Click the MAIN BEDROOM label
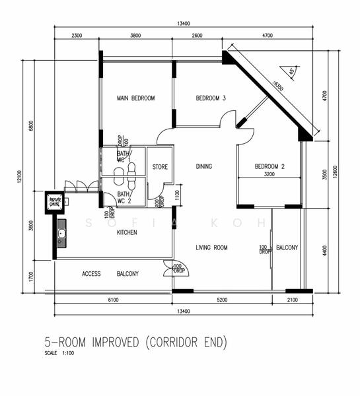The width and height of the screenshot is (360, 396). coord(135,98)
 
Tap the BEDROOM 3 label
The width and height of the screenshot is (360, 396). coord(211,98)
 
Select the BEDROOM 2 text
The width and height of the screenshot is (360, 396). coord(270,166)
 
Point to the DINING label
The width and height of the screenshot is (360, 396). coord(203,166)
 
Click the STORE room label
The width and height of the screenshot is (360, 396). coord(160,167)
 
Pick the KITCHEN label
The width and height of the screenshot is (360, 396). coord(127,232)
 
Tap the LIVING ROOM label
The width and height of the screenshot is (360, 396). coord(211,247)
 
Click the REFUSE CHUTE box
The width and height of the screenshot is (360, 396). coord(54,202)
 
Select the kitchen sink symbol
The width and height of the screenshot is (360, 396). coord(61,233)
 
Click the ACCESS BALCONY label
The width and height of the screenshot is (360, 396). coord(110,273)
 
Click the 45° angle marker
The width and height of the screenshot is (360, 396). coord(290,71)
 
